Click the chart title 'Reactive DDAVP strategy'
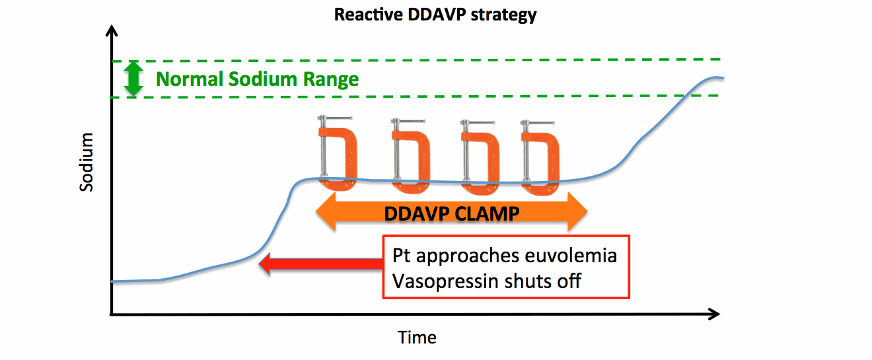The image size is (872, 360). point(435,15)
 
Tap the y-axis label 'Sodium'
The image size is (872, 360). point(87,162)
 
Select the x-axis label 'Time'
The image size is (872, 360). point(417,338)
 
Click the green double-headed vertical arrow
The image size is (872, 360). point(134,79)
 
